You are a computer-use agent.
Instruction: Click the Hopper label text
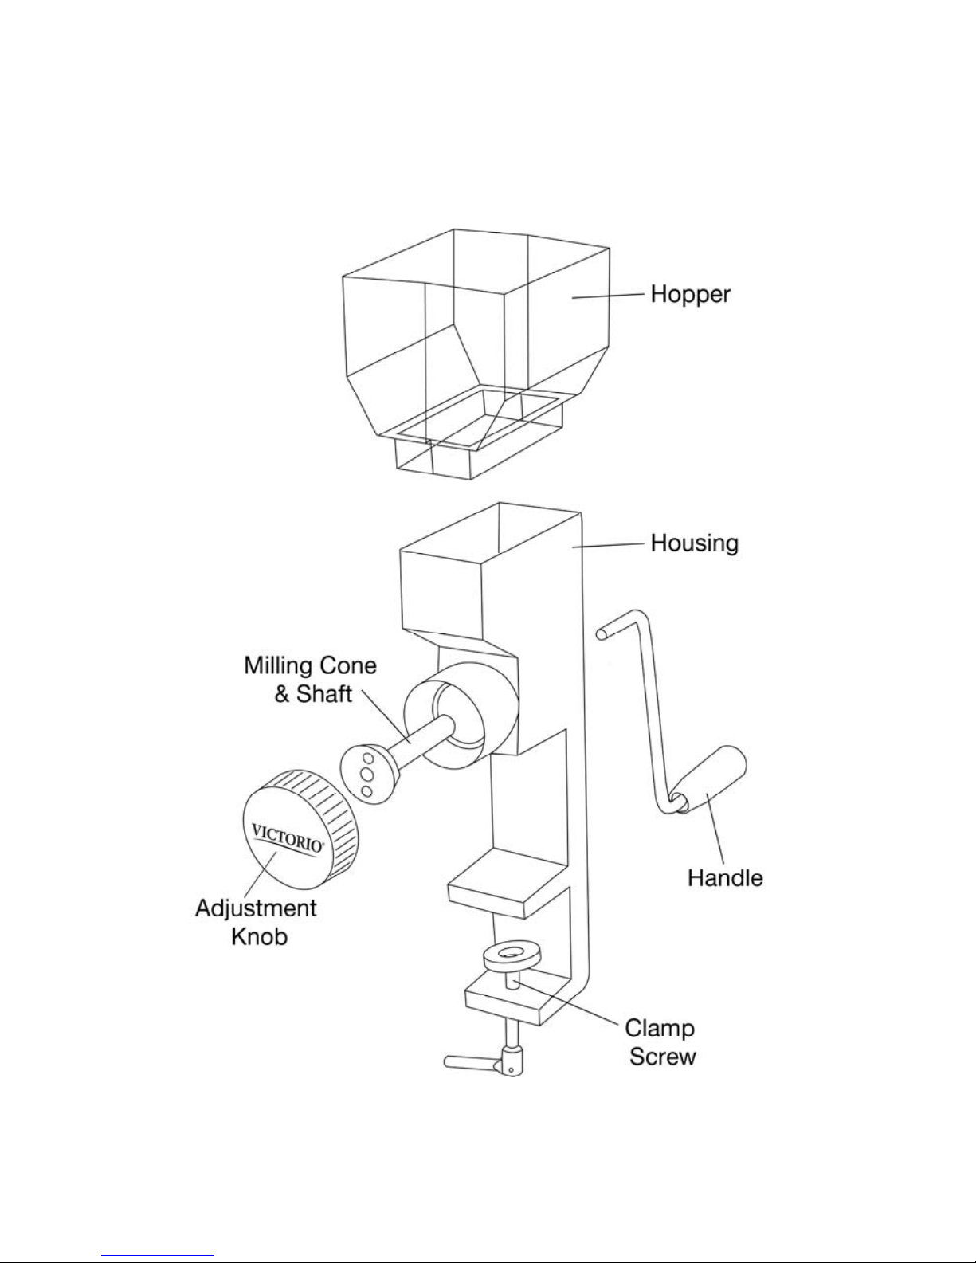[x=690, y=295]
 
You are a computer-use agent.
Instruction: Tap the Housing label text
[x=694, y=543]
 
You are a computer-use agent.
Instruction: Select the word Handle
[x=725, y=877]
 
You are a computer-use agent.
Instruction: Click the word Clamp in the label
[x=660, y=1029]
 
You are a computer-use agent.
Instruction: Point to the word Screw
[x=662, y=1057]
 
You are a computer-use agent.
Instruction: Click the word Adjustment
[x=256, y=908]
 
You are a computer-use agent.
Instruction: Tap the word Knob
[x=259, y=936]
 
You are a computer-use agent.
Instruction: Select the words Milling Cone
[x=310, y=665]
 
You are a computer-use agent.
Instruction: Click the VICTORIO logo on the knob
[x=288, y=837]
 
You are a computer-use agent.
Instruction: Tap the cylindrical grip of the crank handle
[x=710, y=781]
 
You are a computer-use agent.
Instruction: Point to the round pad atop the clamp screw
[x=512, y=956]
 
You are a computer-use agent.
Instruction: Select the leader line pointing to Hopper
[x=608, y=296]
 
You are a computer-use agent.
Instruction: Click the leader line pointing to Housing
[x=608, y=545]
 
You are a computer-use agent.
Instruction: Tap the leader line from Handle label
[x=715, y=828]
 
